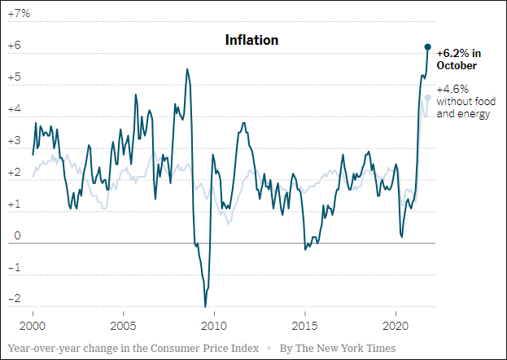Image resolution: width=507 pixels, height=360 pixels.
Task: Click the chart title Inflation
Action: (x=251, y=40)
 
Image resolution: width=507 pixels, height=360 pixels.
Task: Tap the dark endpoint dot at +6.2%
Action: (x=428, y=46)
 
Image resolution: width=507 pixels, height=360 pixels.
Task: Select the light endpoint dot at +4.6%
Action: (x=428, y=98)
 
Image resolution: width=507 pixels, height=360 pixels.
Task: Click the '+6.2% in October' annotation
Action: (x=457, y=59)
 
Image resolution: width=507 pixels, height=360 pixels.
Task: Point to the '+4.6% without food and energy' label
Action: (x=464, y=102)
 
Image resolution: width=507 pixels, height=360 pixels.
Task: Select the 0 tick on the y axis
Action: (x=16, y=236)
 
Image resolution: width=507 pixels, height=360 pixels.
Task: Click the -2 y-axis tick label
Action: (x=15, y=298)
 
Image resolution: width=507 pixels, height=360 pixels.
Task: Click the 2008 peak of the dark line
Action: (x=187, y=69)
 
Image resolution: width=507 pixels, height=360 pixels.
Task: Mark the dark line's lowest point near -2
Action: (x=204, y=305)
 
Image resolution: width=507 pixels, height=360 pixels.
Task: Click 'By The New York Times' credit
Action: (x=338, y=349)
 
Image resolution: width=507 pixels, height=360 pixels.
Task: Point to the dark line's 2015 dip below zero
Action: (x=305, y=248)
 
